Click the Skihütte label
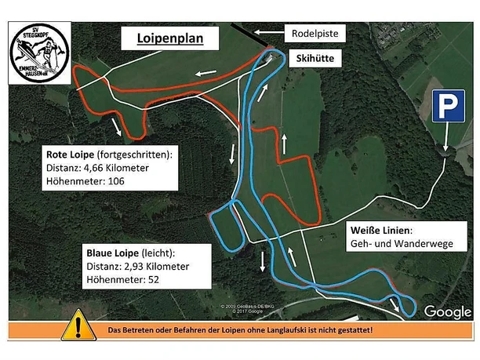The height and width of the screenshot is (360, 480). (317, 58)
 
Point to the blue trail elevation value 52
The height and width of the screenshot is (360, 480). (148, 280)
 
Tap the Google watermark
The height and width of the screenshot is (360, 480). (448, 312)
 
